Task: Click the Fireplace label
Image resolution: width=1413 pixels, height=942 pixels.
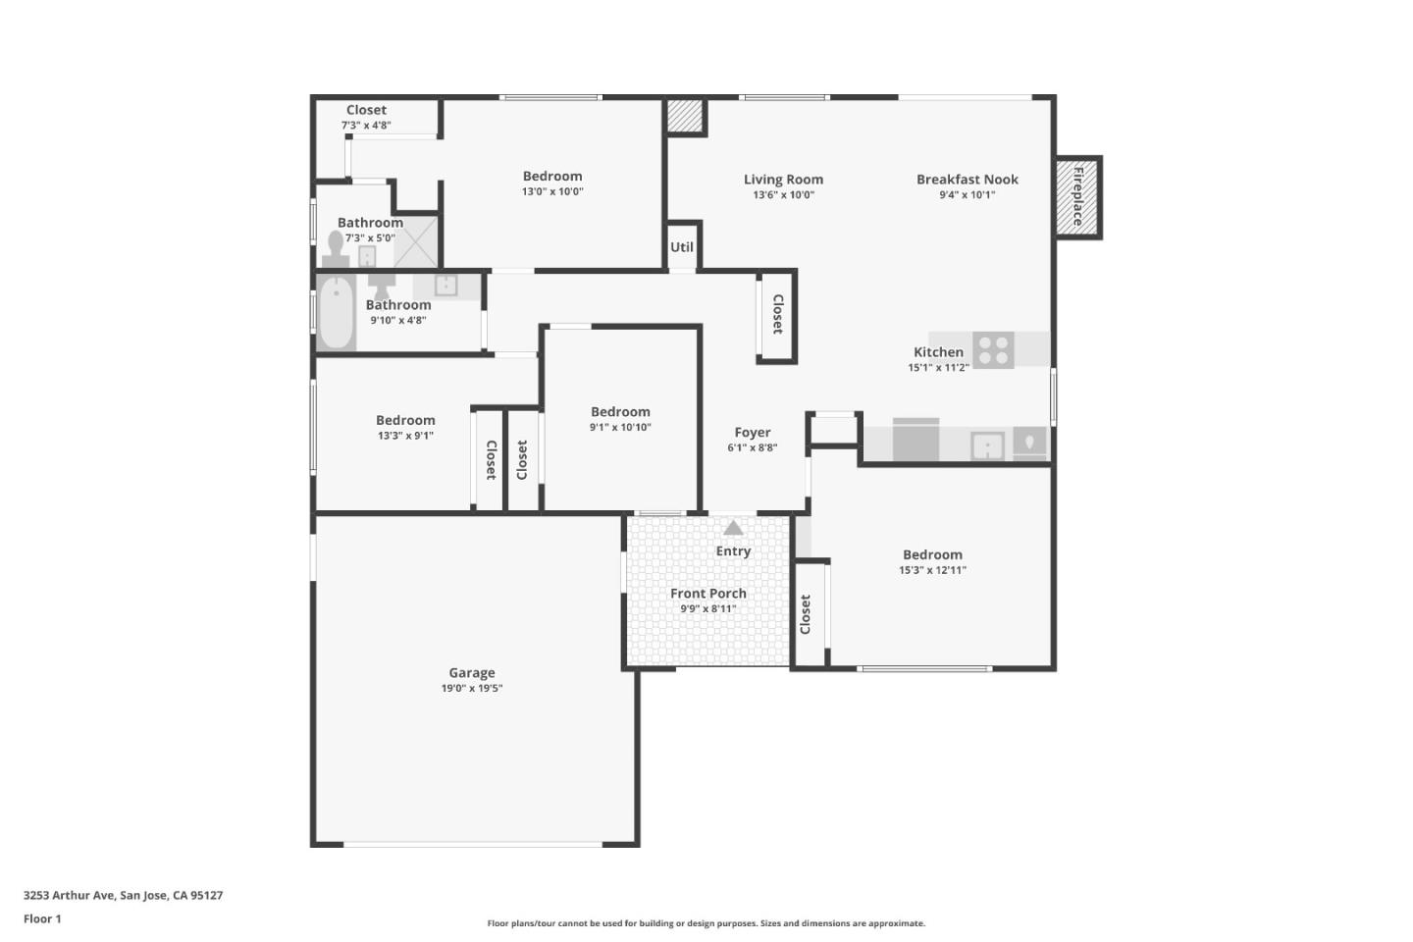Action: coord(1077,196)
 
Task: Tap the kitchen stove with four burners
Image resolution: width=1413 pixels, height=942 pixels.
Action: coord(993,350)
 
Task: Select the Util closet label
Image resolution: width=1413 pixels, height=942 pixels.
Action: coord(682,247)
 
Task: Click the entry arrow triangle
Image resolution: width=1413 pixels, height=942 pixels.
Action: coord(733,528)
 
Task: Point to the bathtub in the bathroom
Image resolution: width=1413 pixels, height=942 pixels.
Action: coord(336,311)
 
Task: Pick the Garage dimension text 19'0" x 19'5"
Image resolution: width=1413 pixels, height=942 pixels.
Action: coord(472,689)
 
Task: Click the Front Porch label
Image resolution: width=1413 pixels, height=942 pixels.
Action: coord(708,594)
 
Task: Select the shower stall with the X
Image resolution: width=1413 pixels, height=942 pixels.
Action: coord(416,241)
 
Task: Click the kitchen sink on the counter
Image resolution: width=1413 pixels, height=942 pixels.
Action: coord(987,445)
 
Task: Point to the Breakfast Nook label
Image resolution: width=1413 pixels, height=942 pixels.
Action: coord(967,180)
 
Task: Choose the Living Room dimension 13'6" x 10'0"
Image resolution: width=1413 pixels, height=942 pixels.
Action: coord(783,195)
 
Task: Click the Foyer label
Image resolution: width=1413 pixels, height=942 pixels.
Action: coord(753,433)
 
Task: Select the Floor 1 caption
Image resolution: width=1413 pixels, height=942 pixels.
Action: coord(42,919)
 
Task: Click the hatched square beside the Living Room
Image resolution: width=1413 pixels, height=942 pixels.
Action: coord(686,116)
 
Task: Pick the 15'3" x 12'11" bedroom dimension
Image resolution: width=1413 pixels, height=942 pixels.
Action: coord(932,570)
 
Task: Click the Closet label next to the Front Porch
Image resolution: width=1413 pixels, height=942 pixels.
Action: coord(806,614)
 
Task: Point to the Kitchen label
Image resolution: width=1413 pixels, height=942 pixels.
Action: coord(938,352)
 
